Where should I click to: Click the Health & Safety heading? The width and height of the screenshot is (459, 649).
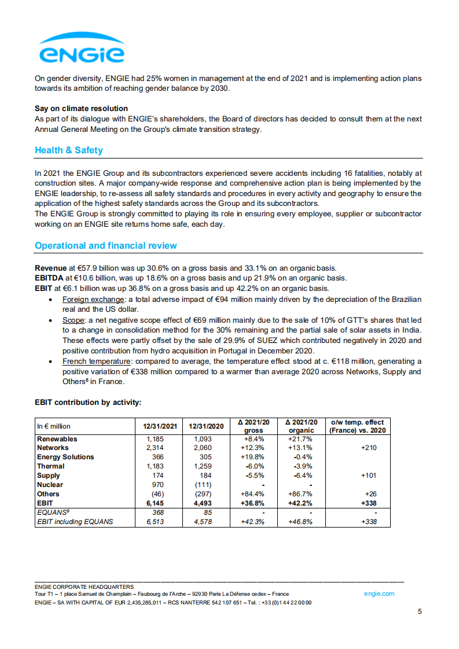coord(69,150)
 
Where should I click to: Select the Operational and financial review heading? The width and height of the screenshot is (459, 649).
coord(106,246)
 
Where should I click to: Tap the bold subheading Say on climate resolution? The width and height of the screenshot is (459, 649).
coord(81,109)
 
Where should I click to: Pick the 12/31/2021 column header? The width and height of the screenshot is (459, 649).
coord(159,426)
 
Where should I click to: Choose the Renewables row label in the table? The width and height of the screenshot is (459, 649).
coord(57,439)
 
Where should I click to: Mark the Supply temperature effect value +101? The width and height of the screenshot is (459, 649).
coord(368,475)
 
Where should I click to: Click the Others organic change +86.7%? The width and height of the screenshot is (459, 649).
coord(300,494)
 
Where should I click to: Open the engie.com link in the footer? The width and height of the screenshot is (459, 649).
coord(379,593)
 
